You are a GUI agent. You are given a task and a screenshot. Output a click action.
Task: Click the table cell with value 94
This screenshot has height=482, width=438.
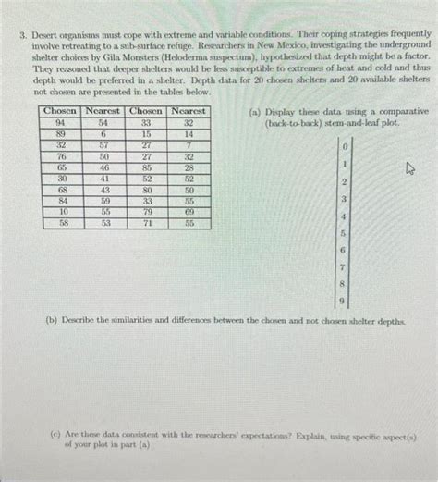pyautogui.click(x=60, y=123)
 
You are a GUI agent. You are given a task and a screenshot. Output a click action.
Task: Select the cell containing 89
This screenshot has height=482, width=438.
pyautogui.click(x=60, y=134)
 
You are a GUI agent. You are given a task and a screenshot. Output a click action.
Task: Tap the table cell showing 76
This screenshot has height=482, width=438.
pyautogui.click(x=60, y=157)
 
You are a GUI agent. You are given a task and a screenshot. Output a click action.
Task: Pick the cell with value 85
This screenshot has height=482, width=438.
pyautogui.click(x=146, y=168)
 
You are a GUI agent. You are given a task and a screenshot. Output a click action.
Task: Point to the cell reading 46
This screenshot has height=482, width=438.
pyautogui.click(x=103, y=168)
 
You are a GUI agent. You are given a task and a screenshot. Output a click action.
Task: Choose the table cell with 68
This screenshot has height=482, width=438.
pyautogui.click(x=60, y=191)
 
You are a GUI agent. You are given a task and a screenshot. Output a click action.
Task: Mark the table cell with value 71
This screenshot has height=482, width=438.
pyautogui.click(x=146, y=224)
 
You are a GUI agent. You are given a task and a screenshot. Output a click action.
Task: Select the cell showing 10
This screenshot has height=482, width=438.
pyautogui.click(x=60, y=213)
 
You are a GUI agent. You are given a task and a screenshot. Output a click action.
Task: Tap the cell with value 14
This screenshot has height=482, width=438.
pyautogui.click(x=189, y=134)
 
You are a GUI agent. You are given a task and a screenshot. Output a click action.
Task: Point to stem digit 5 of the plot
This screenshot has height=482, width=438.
pyautogui.click(x=345, y=233)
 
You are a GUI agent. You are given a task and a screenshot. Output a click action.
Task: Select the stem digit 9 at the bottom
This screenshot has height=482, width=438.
pyautogui.click(x=345, y=302)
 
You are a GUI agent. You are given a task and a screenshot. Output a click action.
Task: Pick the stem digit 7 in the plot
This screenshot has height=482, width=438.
pyautogui.click(x=345, y=267)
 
